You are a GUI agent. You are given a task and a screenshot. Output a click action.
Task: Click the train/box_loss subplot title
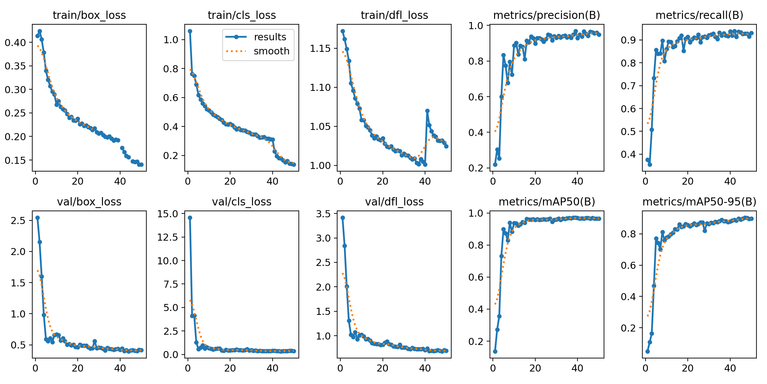89,15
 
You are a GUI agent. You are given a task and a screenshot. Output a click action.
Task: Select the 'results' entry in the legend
270,37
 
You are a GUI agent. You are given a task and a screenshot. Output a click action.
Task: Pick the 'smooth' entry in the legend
271,51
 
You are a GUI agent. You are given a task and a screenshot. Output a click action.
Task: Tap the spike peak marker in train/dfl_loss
427,111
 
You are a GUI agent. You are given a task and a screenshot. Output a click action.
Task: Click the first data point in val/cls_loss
190,218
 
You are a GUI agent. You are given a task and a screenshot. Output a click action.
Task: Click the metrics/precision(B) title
546,15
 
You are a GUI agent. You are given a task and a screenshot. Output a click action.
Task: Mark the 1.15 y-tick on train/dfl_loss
322,49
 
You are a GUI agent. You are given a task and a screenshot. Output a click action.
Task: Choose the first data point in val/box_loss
37,218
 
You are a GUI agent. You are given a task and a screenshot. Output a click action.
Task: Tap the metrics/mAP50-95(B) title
699,202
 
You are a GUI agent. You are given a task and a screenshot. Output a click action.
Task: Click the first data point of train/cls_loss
190,31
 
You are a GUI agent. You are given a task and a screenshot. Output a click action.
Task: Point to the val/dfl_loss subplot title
394,202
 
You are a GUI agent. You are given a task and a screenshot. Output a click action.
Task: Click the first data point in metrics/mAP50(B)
495,351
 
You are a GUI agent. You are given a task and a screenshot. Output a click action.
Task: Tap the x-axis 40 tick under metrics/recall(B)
730,181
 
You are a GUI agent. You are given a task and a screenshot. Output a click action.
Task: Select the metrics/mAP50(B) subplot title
546,202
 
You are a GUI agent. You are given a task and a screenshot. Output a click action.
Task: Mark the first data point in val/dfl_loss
343,218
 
